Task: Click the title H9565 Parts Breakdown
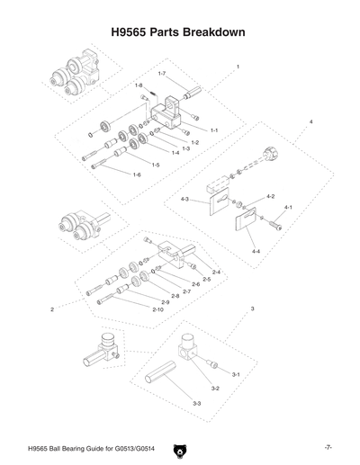tap(179, 31)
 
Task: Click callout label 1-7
tap(162, 73)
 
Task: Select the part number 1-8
tap(139, 85)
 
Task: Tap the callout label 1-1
tap(215, 131)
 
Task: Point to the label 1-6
tap(137, 173)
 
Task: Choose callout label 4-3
tap(185, 199)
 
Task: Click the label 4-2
tap(270, 195)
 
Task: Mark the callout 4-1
tap(288, 207)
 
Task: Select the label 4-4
tap(256, 251)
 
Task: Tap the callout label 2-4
tap(216, 272)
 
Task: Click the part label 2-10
tap(157, 309)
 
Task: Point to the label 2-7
tap(186, 291)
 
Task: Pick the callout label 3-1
tap(235, 373)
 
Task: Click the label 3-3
tap(196, 405)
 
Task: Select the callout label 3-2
tap(215, 388)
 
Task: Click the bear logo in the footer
tap(180, 447)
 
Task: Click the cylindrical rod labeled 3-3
tap(171, 371)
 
